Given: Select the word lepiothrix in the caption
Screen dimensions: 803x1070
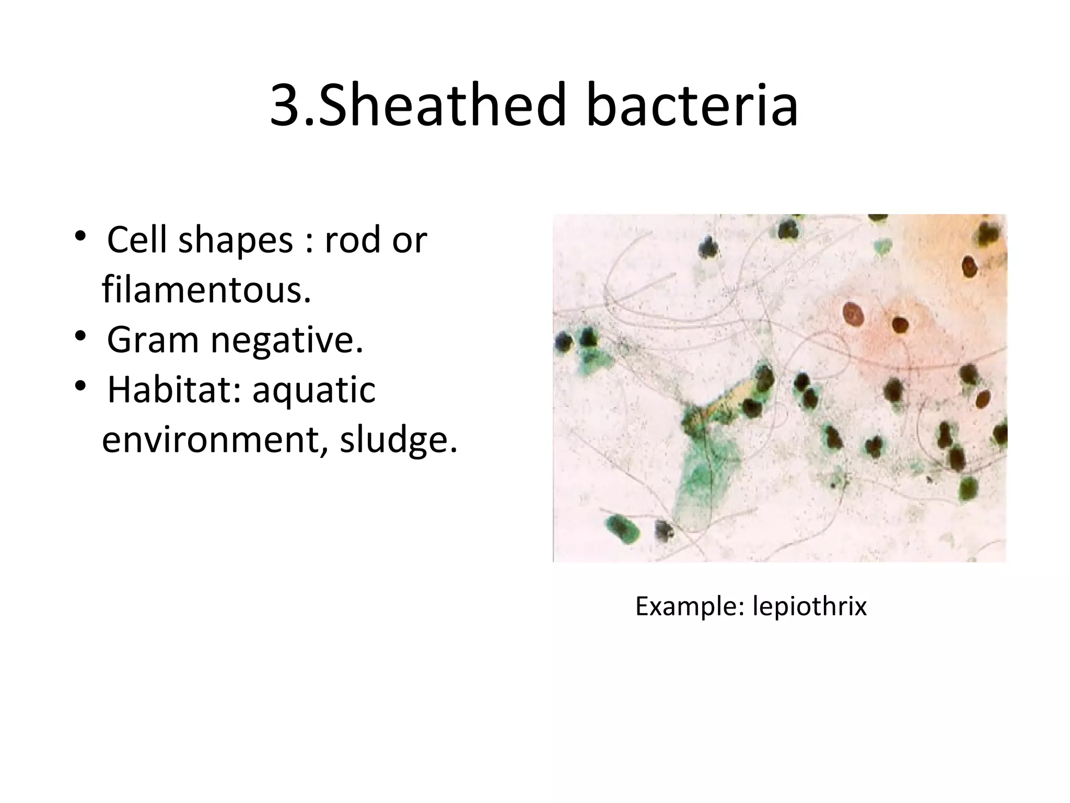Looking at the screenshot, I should coord(809,606).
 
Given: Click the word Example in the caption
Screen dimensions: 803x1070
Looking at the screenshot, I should coord(689,606).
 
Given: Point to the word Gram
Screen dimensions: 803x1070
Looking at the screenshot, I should coord(153,340).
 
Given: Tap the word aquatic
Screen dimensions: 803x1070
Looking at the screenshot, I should coord(314,391).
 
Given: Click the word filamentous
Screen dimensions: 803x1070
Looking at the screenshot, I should coord(206,290).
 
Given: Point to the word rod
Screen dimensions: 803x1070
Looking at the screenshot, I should coord(350,240).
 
